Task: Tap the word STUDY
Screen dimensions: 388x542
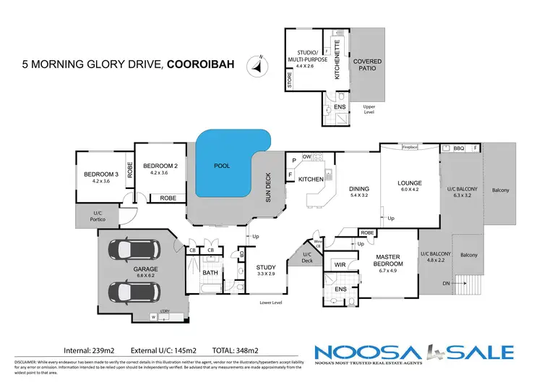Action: [x=266, y=268]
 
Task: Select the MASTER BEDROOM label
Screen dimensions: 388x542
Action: [x=388, y=260]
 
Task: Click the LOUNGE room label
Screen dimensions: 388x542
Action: [x=409, y=183]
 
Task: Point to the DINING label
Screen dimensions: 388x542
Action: [x=359, y=188]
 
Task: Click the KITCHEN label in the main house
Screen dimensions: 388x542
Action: [x=310, y=179]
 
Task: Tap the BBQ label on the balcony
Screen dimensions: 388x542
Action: [x=458, y=148]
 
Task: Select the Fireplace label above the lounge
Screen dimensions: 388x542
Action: [x=410, y=147]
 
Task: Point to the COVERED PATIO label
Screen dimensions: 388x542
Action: [x=367, y=66]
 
